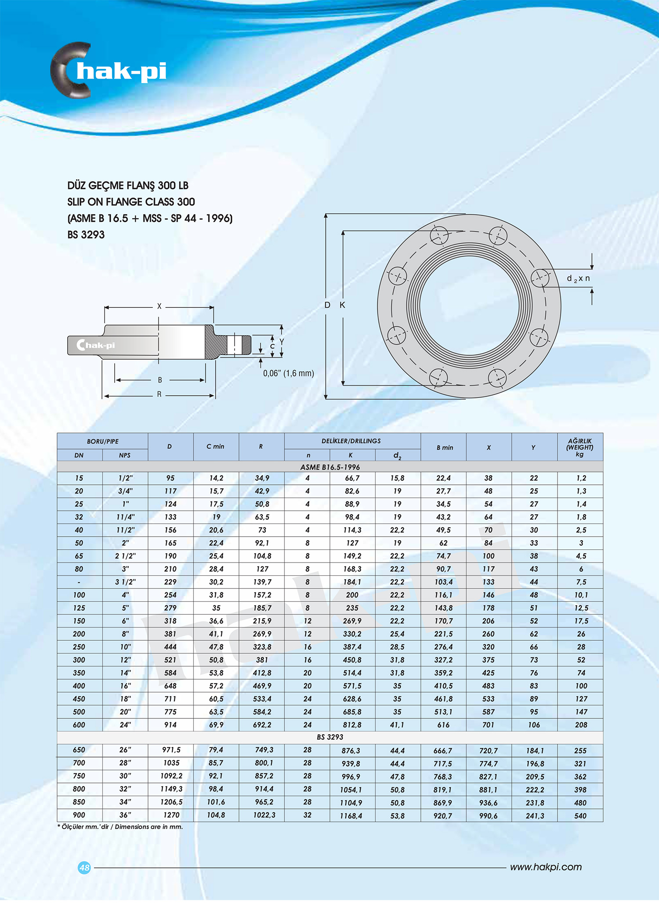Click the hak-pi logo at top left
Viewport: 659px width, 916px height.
click(108, 71)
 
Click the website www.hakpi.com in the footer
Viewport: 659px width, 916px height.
click(546, 867)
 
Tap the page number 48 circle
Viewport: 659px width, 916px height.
click(84, 867)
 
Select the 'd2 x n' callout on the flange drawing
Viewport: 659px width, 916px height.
click(578, 278)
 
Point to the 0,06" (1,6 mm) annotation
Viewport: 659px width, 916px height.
click(288, 373)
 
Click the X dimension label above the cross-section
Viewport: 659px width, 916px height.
click(159, 306)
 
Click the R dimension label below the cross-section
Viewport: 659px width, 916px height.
click(159, 394)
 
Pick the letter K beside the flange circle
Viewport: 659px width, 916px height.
click(342, 305)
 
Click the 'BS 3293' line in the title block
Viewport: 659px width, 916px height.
click(86, 234)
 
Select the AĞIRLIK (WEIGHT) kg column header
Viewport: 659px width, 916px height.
click(579, 447)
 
